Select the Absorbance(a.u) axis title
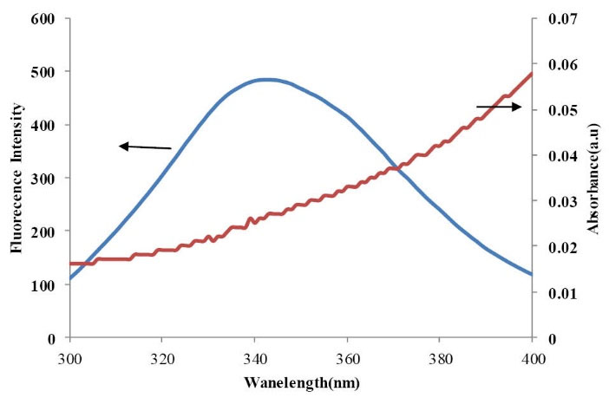point(597,178)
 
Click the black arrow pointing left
point(145,147)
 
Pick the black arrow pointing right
point(499,107)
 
